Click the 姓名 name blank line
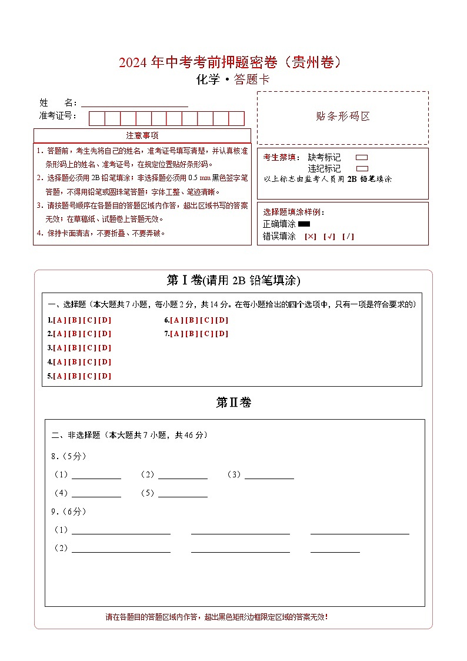point(135,103)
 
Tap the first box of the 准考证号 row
point(96,118)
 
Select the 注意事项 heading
point(142,136)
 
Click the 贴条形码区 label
point(343,117)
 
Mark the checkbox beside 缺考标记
point(362,158)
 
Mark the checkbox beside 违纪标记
point(362,168)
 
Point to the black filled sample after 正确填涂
point(304,224)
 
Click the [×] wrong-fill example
point(311,237)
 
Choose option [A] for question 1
point(59,320)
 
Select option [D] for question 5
point(104,376)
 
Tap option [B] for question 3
point(75,348)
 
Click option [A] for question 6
point(177,320)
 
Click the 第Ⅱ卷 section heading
point(233,403)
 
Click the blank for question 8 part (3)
point(269,475)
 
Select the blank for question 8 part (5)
point(182,493)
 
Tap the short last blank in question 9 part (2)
point(335,549)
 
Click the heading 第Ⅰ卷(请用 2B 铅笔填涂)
point(233,281)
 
